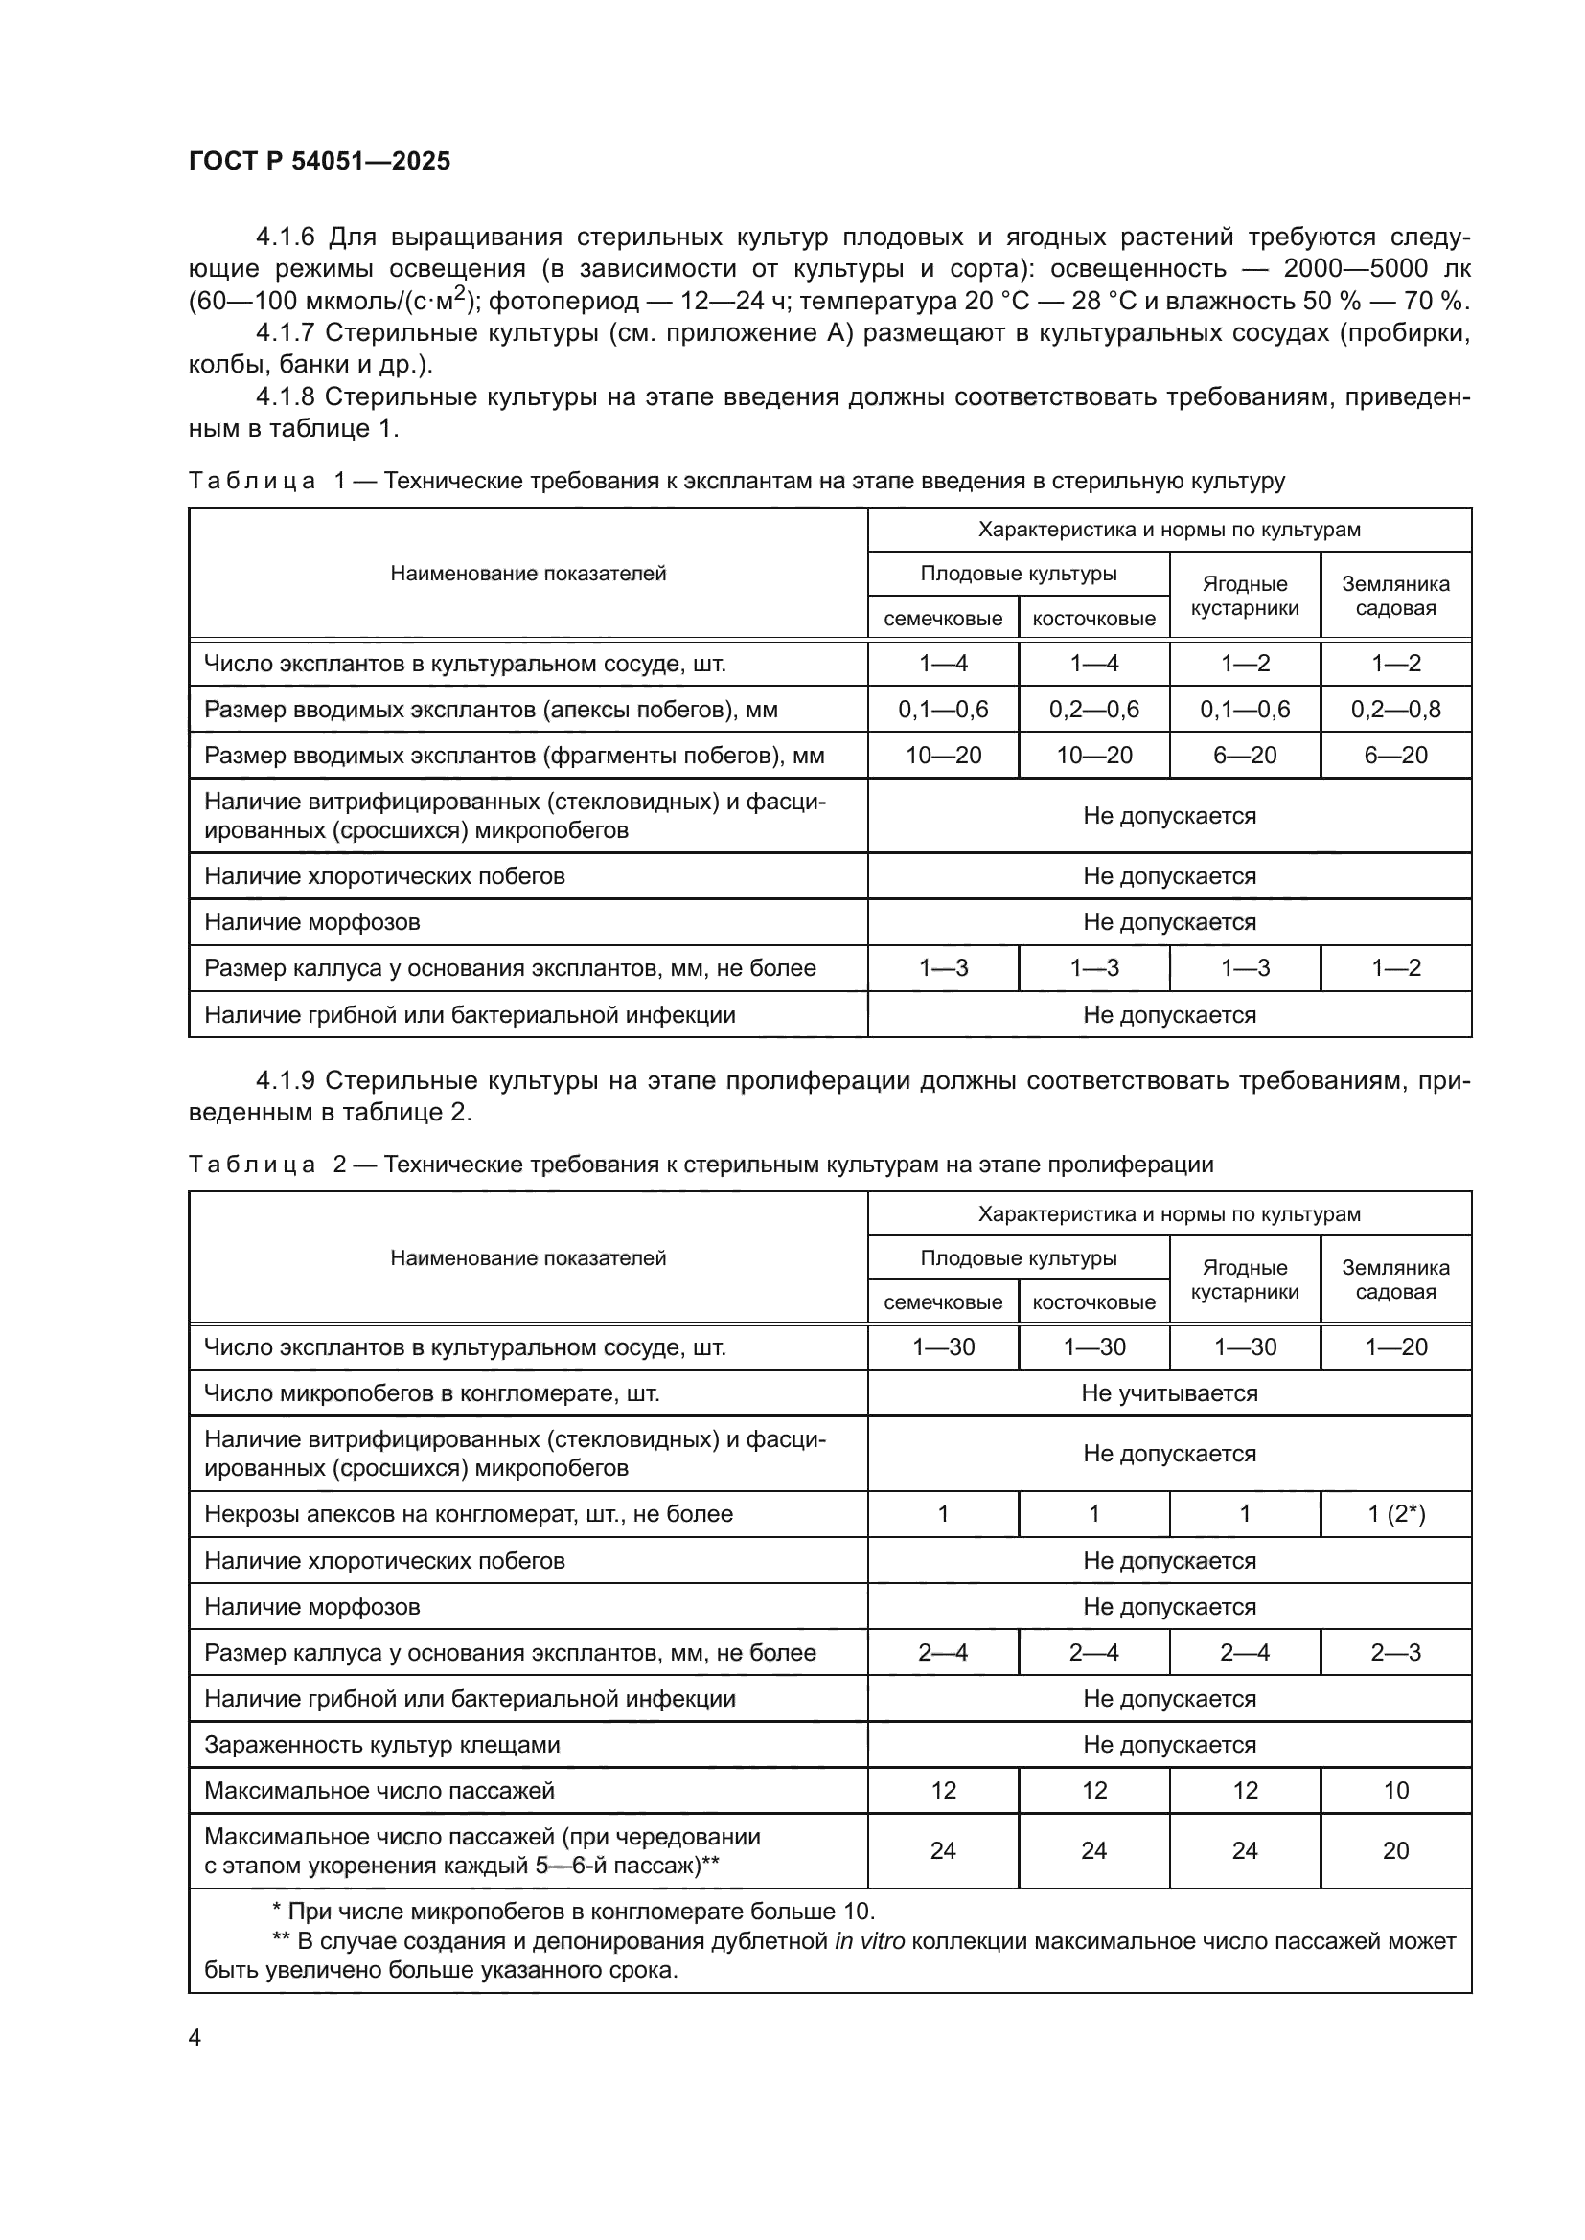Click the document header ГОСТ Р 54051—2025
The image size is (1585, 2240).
[x=319, y=161]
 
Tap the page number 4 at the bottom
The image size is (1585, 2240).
[x=195, y=2037]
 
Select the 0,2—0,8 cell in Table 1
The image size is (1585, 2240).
[x=1394, y=710]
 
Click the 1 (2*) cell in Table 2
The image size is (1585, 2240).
[x=1395, y=1514]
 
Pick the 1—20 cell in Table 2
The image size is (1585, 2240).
[x=1395, y=1347]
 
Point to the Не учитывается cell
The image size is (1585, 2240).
[x=1169, y=1393]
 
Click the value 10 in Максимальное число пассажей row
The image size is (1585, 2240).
[x=1395, y=1790]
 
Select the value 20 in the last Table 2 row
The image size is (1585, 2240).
[x=1395, y=1851]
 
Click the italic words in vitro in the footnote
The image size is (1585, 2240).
[x=869, y=1941]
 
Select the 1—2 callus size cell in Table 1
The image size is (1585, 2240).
[x=1395, y=968]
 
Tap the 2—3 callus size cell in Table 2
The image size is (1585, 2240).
[x=1395, y=1653]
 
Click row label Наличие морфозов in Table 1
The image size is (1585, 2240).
[x=311, y=922]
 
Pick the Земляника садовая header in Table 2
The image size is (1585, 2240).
[x=1395, y=1279]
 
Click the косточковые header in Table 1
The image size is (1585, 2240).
[x=1093, y=619]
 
